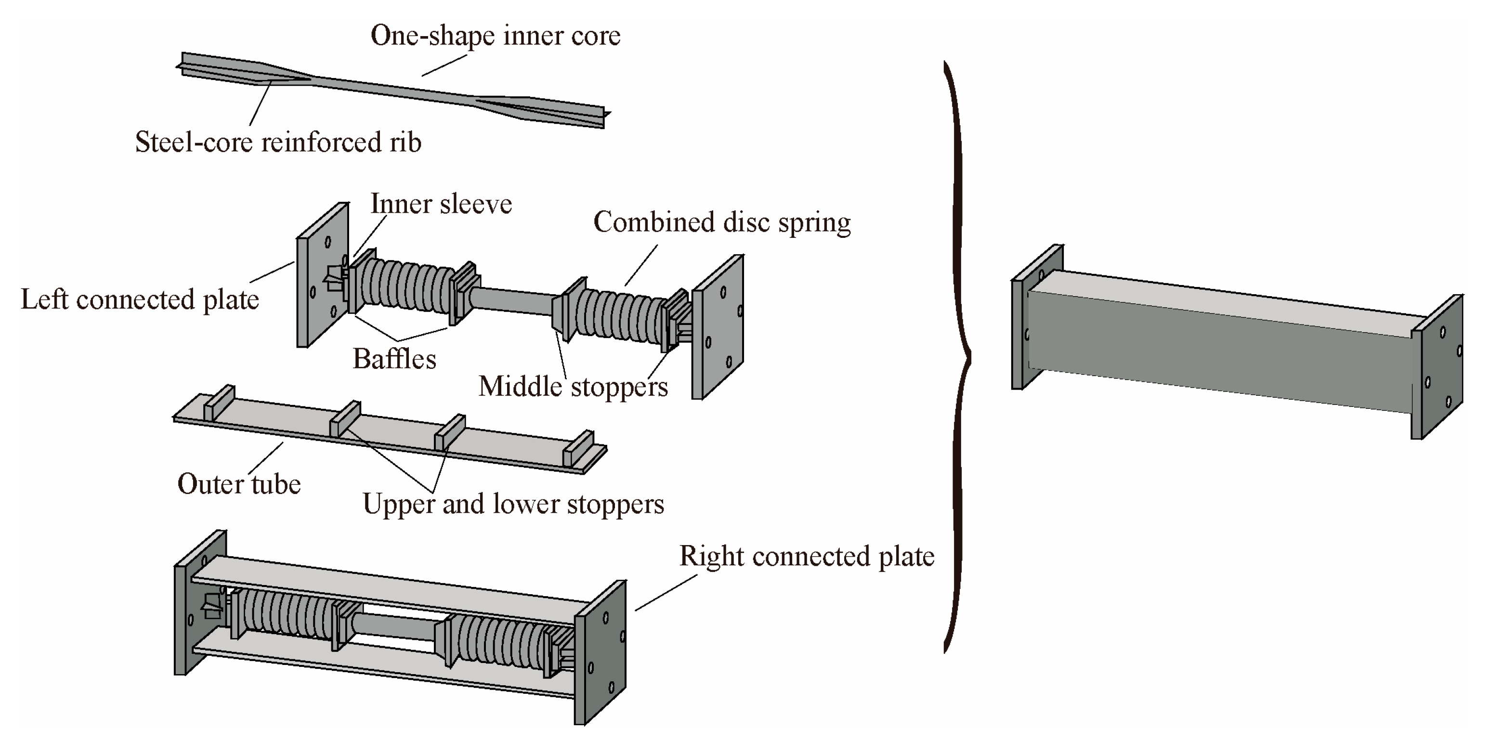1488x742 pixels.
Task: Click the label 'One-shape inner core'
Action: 495,36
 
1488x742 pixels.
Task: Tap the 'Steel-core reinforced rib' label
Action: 278,142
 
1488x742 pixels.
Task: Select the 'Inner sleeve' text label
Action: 441,204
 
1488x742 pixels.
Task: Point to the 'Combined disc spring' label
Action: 721,223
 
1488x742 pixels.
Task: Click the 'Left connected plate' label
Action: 140,299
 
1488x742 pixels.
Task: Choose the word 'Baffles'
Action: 394,359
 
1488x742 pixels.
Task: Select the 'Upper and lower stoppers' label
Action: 513,504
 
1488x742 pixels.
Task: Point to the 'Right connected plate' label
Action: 807,557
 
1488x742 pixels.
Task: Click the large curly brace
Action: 959,358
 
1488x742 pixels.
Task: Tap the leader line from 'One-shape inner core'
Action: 444,65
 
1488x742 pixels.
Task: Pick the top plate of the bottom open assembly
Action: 381,580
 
